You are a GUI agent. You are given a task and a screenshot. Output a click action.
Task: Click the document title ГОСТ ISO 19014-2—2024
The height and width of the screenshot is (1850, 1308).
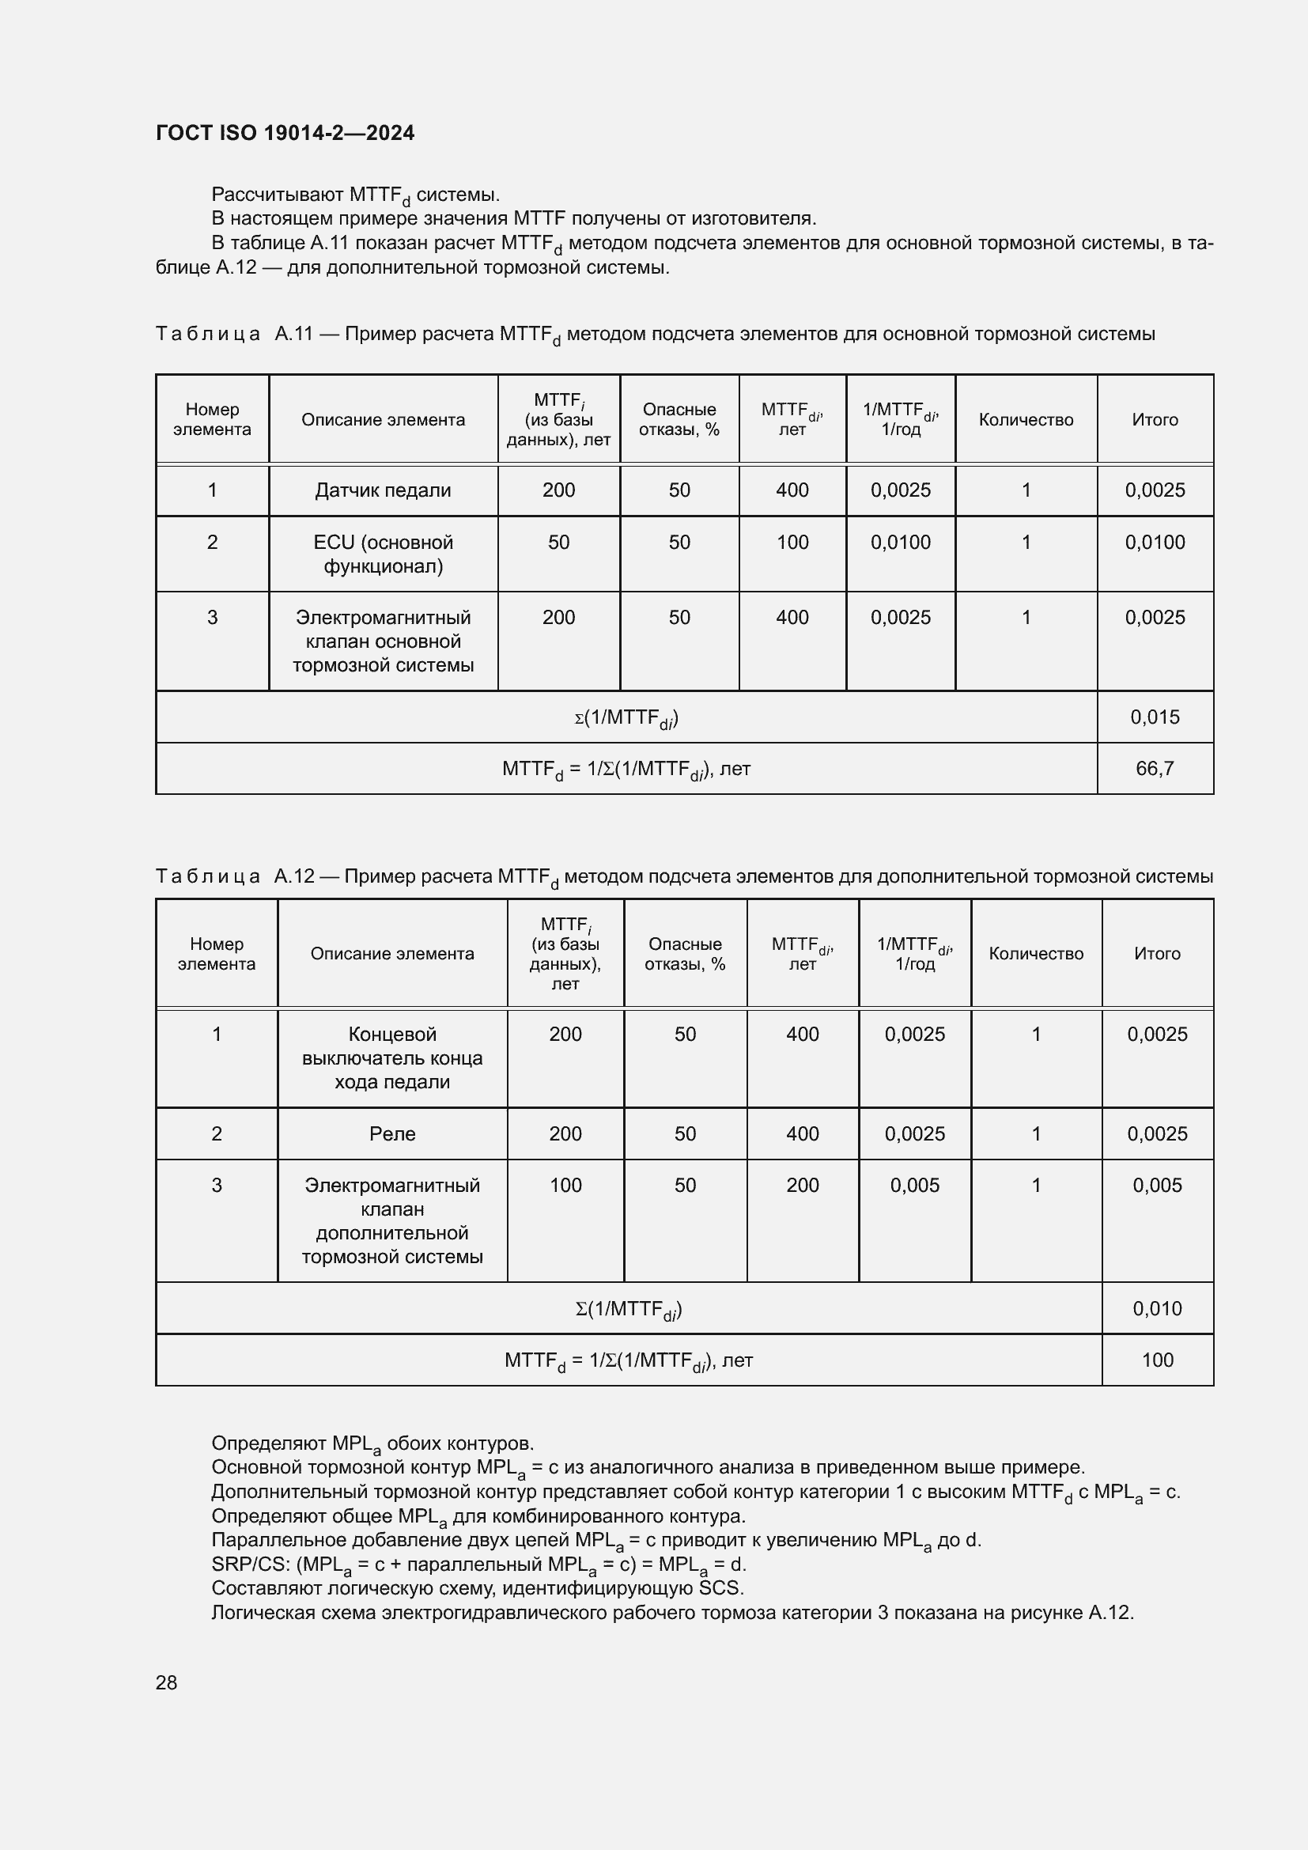285,133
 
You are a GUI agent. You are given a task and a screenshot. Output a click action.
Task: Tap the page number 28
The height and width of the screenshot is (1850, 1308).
166,1682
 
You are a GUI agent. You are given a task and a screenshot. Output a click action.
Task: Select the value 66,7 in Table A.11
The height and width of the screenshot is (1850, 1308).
1154,768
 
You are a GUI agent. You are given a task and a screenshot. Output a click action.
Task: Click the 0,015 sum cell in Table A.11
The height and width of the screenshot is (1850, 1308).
1154,717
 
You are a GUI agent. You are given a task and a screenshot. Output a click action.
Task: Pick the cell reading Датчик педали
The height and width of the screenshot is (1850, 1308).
383,490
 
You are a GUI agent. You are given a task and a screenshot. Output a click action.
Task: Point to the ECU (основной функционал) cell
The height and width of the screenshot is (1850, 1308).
383,554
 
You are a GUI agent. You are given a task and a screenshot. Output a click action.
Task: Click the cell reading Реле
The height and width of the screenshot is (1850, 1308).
392,1133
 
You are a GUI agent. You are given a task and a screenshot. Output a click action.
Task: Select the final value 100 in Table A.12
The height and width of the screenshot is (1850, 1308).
1157,1360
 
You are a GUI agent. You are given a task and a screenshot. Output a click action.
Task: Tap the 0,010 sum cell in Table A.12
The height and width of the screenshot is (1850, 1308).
1157,1307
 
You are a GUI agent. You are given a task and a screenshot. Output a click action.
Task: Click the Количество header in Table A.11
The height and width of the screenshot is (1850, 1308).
1026,419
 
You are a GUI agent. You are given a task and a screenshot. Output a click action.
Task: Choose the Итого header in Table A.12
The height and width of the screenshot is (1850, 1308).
1157,953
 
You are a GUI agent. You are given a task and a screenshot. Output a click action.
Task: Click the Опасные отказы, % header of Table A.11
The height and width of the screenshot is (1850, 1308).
679,419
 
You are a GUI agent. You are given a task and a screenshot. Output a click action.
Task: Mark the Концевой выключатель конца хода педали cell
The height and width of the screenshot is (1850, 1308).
392,1057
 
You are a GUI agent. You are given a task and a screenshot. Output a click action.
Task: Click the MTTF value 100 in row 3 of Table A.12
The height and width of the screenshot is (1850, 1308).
565,1185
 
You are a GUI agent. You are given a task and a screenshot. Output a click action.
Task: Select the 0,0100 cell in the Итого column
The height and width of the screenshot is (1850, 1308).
1154,543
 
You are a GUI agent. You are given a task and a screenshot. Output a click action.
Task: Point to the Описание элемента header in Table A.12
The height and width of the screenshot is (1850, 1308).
392,953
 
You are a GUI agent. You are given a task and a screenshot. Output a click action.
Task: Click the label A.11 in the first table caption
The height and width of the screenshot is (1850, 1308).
293,334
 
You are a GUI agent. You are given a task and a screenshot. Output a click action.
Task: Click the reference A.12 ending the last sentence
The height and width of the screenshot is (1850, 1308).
1109,1612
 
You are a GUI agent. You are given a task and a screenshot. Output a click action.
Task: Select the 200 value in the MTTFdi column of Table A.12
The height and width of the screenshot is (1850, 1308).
802,1185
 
